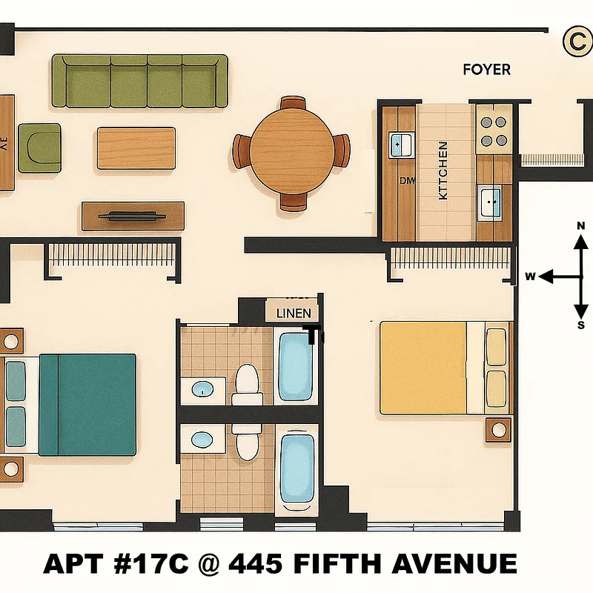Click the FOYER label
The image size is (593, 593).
(x=486, y=70)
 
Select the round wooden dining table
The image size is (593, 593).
(x=291, y=152)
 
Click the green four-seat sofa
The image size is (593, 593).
(x=139, y=80)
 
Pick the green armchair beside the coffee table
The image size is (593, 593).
(x=39, y=146)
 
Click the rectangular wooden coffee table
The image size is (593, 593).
(x=136, y=148)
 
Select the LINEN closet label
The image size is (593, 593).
(x=294, y=313)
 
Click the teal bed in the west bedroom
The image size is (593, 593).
(x=87, y=404)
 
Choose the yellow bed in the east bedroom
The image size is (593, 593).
(x=423, y=368)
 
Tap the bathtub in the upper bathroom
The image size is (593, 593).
(x=295, y=367)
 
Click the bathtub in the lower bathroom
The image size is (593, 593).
(x=296, y=468)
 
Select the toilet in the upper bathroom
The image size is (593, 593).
(x=245, y=384)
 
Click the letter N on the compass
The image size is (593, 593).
(x=581, y=226)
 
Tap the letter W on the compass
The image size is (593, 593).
(x=530, y=276)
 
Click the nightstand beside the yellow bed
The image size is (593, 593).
(x=498, y=428)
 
